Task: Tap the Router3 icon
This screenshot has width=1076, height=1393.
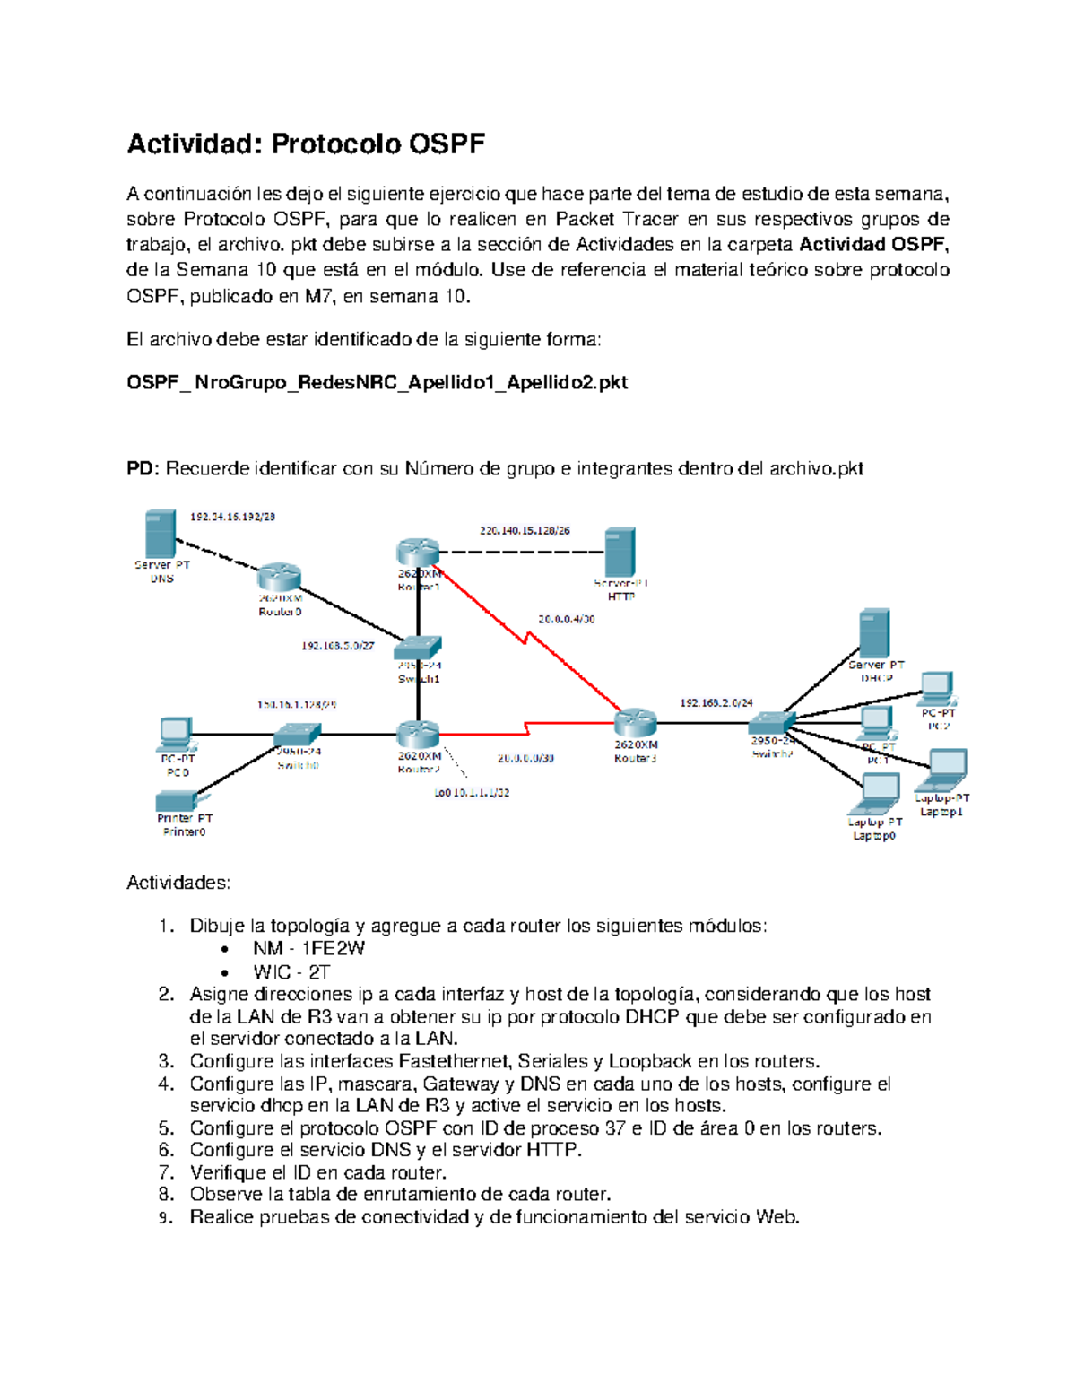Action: [636, 722]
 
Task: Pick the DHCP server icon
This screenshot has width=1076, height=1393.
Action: [874, 633]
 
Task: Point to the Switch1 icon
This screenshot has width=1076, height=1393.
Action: [419, 648]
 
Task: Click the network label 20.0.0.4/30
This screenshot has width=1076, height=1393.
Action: [566, 619]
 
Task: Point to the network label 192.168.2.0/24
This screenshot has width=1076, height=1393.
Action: [716, 703]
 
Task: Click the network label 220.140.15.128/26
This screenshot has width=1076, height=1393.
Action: [525, 530]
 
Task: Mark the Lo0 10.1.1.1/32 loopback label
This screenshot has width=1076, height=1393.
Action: [472, 793]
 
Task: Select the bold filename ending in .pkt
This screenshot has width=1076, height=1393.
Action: [377, 383]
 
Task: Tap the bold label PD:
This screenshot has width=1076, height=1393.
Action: [143, 468]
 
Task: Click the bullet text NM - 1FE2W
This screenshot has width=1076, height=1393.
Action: [308, 949]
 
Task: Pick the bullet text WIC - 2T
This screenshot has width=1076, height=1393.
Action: [291, 972]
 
